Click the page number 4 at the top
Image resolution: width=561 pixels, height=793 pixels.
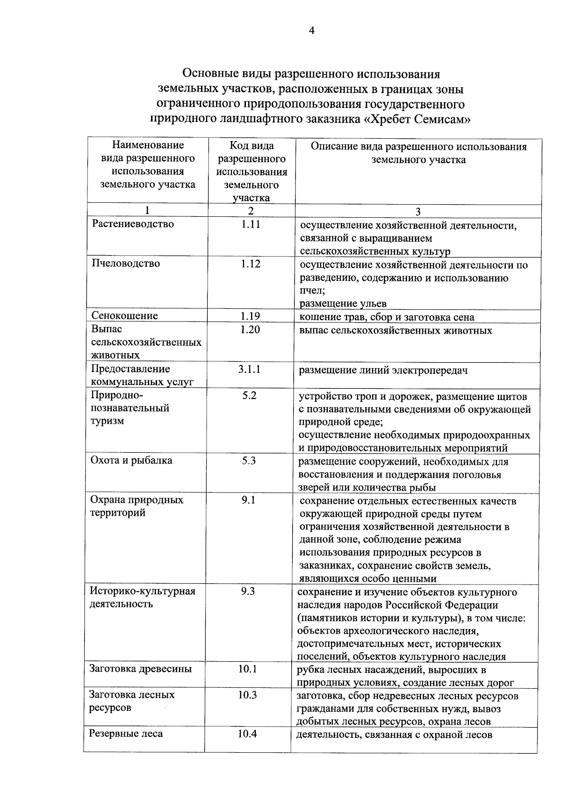pos(312,31)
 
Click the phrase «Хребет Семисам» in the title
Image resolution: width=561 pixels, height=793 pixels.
pos(417,119)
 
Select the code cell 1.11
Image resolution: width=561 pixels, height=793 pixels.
pos(251,224)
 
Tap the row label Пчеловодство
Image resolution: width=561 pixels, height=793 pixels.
pos(126,264)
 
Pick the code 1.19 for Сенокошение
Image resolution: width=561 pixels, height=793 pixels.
pos(251,316)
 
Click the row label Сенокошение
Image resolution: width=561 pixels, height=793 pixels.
pos(125,315)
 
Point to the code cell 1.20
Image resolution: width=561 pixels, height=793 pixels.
pos(251,329)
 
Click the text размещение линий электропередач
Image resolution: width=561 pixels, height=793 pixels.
pos(383,371)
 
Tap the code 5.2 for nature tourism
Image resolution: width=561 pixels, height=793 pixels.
pos(249,396)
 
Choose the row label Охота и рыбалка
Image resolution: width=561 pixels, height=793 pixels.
pos(131,460)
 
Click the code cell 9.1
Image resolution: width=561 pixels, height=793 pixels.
pos(249,500)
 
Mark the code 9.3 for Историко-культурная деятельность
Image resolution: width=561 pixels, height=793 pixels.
pos(248,591)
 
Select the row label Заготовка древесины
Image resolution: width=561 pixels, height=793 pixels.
pos(141,669)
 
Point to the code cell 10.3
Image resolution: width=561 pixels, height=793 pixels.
pos(248,695)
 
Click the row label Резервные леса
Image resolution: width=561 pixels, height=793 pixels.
pos(126,734)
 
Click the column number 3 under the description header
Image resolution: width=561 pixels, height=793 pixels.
pos(418,211)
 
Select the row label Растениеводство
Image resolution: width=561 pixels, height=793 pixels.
pos(133,224)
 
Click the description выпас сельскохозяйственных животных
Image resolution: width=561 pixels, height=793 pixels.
pos(396,331)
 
